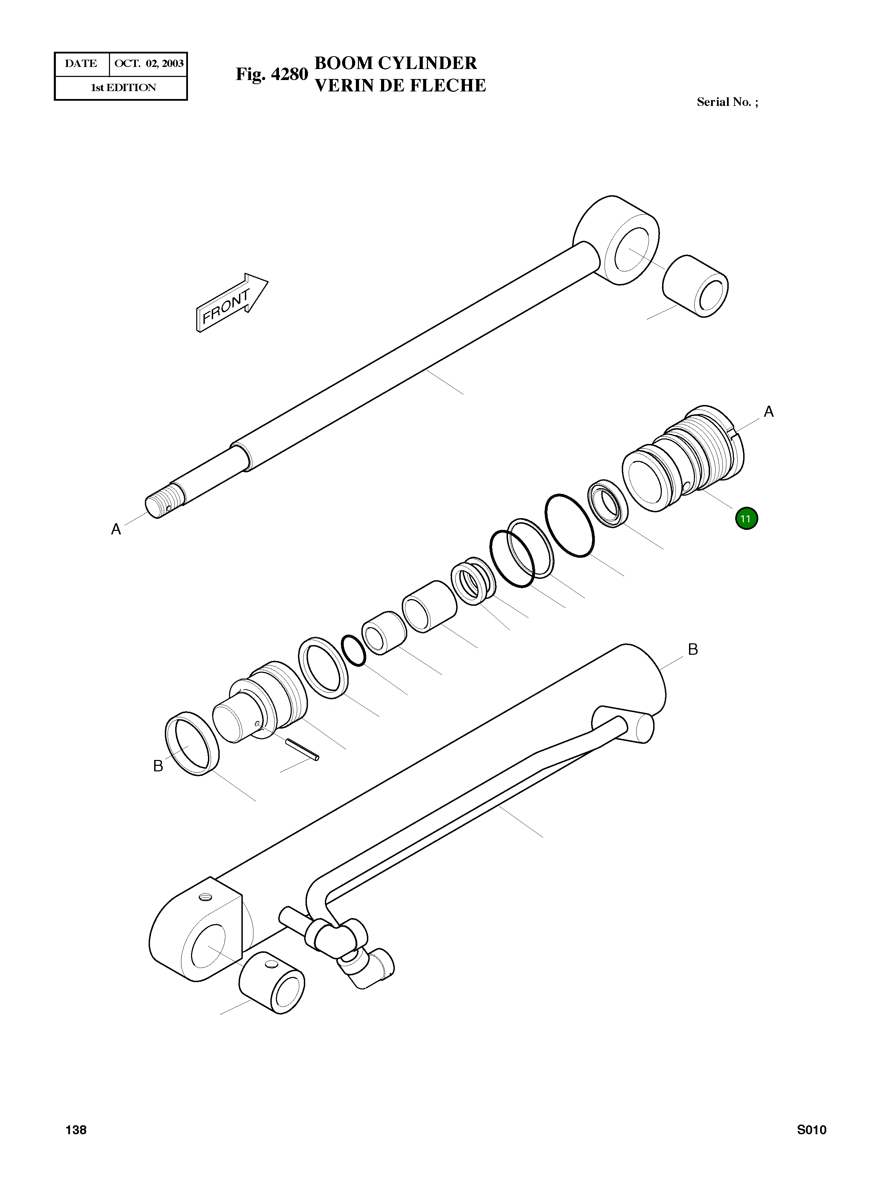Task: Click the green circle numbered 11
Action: [x=746, y=519]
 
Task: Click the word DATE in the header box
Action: [x=81, y=64]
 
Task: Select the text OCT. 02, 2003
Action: [x=149, y=64]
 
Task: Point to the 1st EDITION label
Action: [x=123, y=88]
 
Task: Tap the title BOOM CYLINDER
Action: [x=396, y=63]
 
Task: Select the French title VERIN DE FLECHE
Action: [x=400, y=86]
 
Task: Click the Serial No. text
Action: [x=727, y=102]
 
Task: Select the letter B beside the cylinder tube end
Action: [x=692, y=649]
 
